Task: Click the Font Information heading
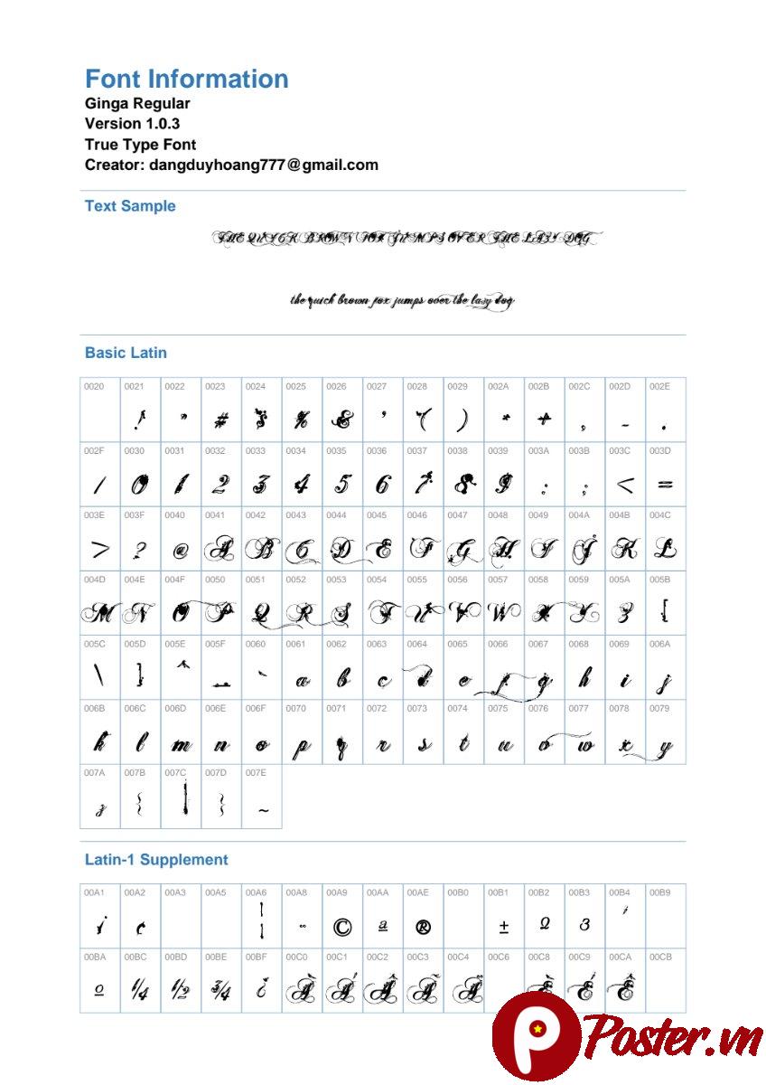186,79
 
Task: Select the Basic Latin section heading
126,353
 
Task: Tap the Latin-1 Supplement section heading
156,860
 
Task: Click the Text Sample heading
130,206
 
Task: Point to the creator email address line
231,165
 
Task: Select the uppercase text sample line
406,239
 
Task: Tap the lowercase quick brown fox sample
402,301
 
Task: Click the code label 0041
214,515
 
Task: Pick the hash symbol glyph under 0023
220,420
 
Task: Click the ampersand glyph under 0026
341,420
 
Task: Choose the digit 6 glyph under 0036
382,485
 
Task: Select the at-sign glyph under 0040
181,550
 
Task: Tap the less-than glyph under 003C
624,486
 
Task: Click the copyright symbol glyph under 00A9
342,927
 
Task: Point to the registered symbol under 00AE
423,927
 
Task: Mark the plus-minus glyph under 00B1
504,927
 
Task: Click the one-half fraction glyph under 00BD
181,992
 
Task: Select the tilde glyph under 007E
262,811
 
